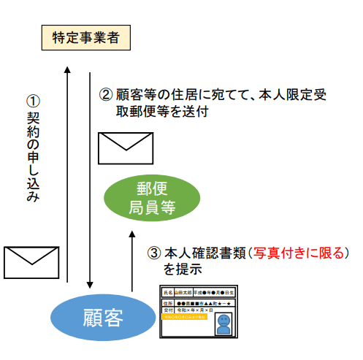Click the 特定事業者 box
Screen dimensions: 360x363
click(86, 37)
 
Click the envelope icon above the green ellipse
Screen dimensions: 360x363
click(126, 148)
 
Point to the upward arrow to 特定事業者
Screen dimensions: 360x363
click(66, 175)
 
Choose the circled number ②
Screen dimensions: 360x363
click(106, 95)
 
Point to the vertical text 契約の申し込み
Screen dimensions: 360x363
click(32, 157)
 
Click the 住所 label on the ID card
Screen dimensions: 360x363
click(169, 302)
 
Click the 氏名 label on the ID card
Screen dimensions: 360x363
click(169, 292)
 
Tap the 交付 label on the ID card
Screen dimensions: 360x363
click(169, 310)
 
